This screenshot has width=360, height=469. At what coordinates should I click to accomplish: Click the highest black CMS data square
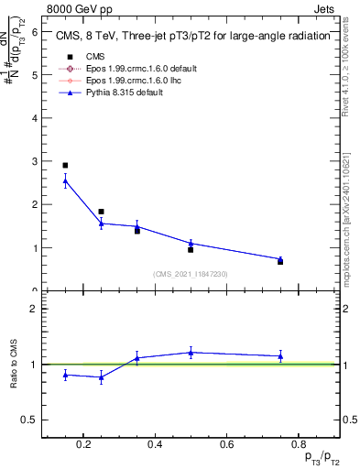(65, 166)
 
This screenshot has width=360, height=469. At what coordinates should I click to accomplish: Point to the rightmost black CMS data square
(280, 262)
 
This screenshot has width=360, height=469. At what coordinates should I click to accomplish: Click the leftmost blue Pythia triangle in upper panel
(65, 180)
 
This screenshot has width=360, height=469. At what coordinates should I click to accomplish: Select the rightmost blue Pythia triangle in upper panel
(280, 259)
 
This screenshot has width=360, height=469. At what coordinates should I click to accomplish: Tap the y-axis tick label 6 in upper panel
(34, 31)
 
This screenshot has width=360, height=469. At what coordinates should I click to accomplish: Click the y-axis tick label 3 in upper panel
(34, 161)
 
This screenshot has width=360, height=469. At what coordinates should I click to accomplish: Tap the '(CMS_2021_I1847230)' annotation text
(191, 274)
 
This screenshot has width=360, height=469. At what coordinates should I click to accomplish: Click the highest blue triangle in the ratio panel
(191, 352)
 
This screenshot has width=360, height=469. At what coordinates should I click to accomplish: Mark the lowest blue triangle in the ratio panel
(101, 376)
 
